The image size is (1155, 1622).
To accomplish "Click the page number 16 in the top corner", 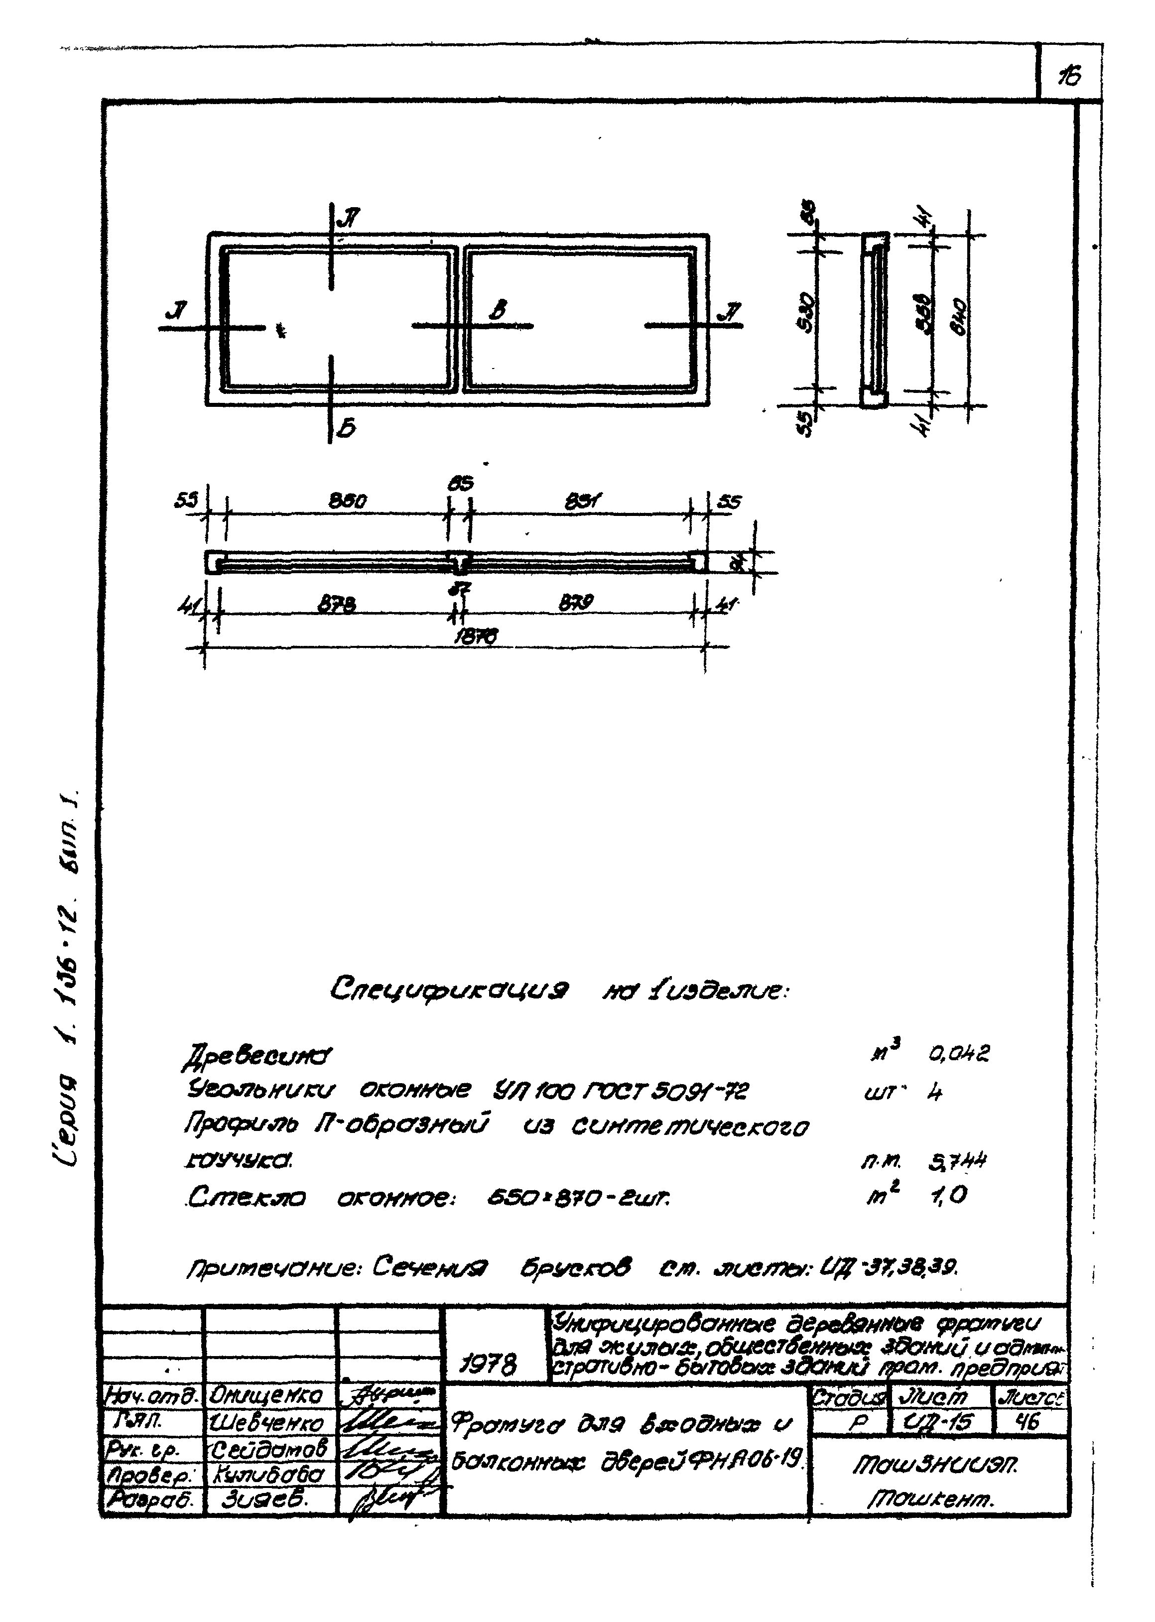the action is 1068,75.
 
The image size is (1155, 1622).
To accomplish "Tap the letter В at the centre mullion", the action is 500,311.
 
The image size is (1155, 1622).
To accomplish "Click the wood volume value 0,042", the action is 959,1052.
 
